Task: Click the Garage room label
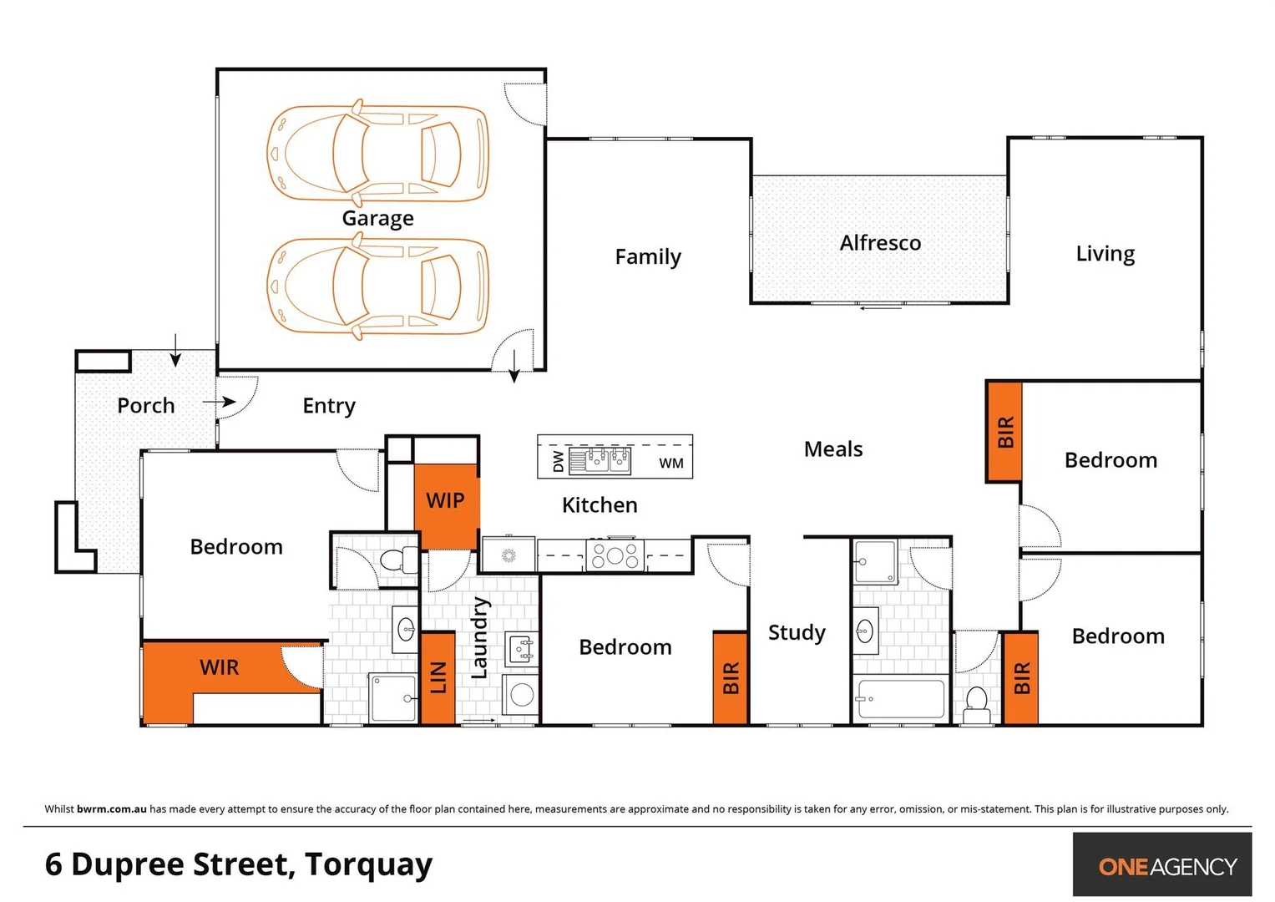pyautogui.click(x=377, y=218)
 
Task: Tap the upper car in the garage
pyautogui.click(x=377, y=154)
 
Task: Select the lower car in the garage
pyautogui.click(x=377, y=286)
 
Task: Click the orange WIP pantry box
pyautogui.click(x=446, y=501)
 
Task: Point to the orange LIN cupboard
pyautogui.click(x=438, y=677)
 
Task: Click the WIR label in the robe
pyautogui.click(x=220, y=667)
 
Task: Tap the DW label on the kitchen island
pyautogui.click(x=559, y=461)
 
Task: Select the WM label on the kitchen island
pyautogui.click(x=670, y=464)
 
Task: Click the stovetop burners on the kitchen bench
pyautogui.click(x=615, y=555)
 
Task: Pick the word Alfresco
pyautogui.click(x=880, y=243)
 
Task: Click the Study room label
pyautogui.click(x=797, y=632)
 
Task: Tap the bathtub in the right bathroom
pyautogui.click(x=900, y=698)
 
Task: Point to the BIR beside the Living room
pyautogui.click(x=1004, y=432)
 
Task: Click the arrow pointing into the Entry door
pyautogui.click(x=219, y=402)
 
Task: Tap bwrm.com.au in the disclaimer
pyautogui.click(x=111, y=808)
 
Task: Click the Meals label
pyautogui.click(x=832, y=449)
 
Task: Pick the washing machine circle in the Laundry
pyautogui.click(x=522, y=695)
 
